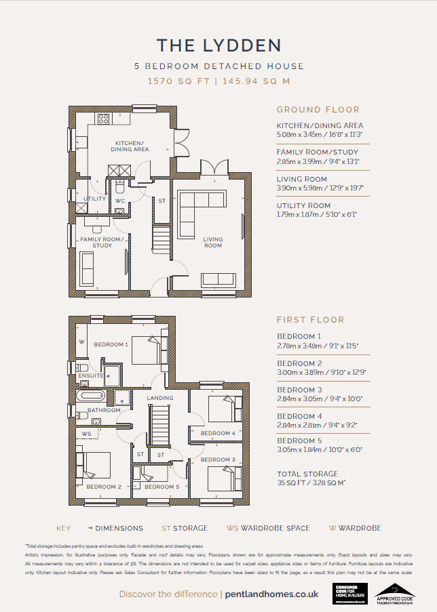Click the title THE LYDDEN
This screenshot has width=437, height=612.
click(218, 45)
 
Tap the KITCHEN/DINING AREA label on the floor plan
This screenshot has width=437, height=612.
click(130, 146)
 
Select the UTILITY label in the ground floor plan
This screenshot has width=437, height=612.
click(94, 199)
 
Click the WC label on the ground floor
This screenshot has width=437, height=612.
click(119, 201)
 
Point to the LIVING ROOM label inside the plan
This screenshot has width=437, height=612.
click(212, 243)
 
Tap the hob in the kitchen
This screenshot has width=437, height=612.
click(104, 119)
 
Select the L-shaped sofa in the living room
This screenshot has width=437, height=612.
click(201, 200)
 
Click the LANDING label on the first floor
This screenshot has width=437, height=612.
click(160, 398)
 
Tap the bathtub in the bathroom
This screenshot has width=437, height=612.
click(90, 396)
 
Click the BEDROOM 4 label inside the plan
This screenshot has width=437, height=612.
click(217, 433)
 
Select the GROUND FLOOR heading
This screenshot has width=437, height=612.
click(318, 110)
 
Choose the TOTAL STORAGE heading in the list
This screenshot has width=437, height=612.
click(307, 474)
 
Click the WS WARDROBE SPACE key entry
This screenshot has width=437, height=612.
click(268, 528)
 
